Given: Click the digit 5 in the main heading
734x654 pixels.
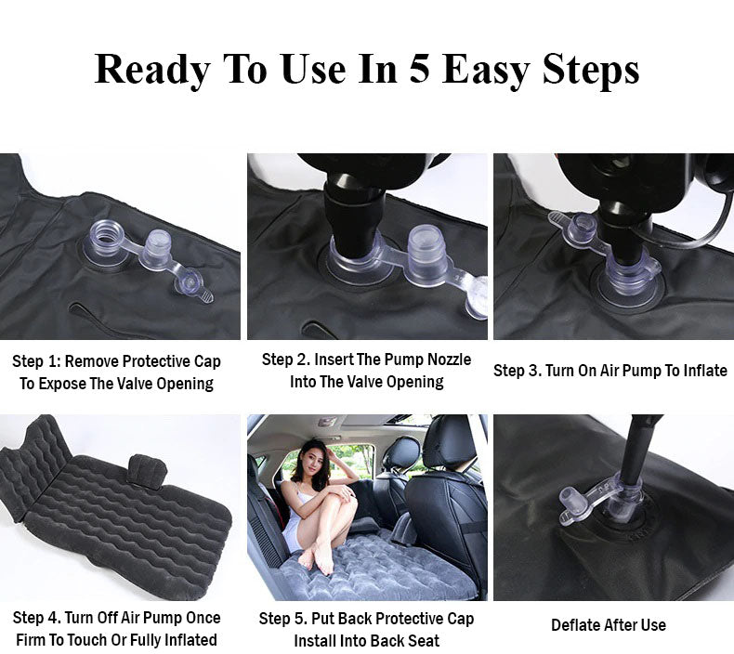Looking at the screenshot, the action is (419, 69).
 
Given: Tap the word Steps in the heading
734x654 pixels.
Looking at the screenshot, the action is (591, 71).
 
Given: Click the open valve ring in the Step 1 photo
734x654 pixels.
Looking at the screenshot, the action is (105, 239).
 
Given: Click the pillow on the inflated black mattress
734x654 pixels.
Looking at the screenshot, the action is (147, 471).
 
